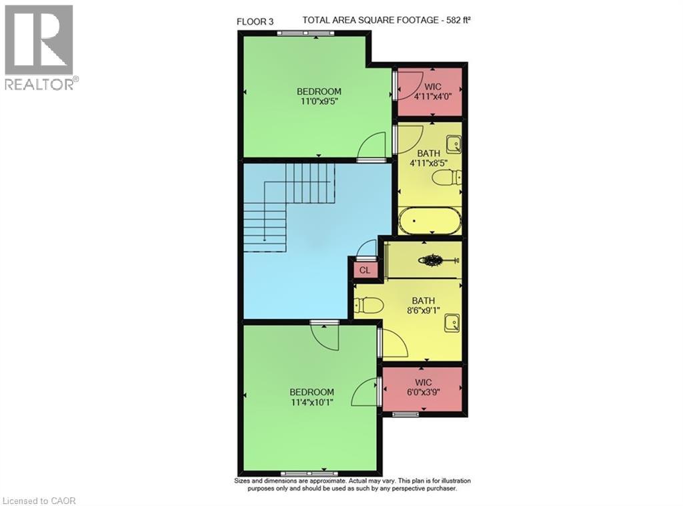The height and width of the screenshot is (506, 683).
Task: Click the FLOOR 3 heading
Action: (x=255, y=21)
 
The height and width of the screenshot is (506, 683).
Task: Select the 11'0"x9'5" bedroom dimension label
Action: (x=319, y=102)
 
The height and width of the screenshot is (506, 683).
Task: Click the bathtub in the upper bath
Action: (x=430, y=220)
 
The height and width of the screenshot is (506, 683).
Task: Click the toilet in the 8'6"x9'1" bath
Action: (x=368, y=306)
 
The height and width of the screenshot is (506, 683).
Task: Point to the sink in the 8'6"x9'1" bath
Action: (x=452, y=324)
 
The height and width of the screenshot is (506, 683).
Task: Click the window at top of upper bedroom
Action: (x=298, y=33)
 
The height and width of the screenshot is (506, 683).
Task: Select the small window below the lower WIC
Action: (x=402, y=415)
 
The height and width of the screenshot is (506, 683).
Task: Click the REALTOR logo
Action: (x=40, y=47)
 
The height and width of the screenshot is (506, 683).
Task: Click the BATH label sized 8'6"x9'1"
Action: (x=424, y=305)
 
